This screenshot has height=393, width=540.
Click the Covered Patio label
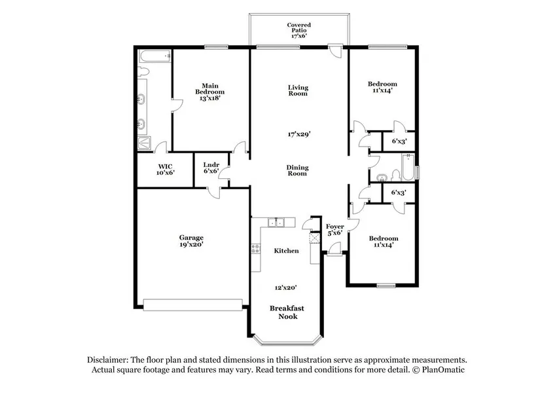point(299,28)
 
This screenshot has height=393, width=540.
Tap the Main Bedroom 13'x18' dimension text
point(209,98)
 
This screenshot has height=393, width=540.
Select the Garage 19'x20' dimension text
point(191,244)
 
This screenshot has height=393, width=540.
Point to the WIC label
point(166,166)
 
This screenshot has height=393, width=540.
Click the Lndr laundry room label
point(211,165)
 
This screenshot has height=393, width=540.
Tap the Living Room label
point(298,90)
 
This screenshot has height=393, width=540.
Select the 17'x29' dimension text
point(299,134)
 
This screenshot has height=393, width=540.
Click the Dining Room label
point(298,170)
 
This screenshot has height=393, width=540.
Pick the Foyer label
point(335,227)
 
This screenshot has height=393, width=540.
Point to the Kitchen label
point(286,251)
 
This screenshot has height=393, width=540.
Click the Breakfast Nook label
point(287,312)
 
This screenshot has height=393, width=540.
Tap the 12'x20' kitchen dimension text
point(286,287)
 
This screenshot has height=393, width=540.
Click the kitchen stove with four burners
point(255,248)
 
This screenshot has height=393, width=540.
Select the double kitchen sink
point(276,222)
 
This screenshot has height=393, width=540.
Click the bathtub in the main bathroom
point(154,56)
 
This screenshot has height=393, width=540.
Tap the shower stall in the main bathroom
point(144,143)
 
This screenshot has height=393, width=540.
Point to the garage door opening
point(193,305)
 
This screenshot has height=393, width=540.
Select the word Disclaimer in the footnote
point(108,360)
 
